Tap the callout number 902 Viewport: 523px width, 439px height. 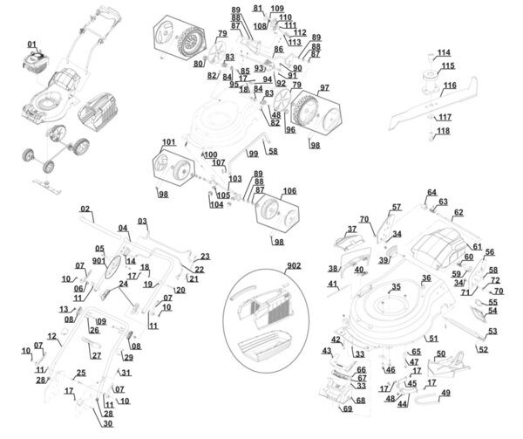(292, 266)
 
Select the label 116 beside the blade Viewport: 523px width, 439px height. (450, 86)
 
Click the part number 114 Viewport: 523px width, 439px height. (445, 52)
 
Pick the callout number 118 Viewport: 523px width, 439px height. (444, 131)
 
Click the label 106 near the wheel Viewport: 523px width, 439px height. (289, 190)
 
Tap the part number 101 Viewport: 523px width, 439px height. (168, 141)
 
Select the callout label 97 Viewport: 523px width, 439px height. (323, 88)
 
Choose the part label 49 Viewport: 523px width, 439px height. (445, 394)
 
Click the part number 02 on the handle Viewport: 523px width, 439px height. (85, 209)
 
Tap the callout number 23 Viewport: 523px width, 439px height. (205, 257)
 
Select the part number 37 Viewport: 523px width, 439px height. (352, 230)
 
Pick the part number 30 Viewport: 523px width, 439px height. (108, 424)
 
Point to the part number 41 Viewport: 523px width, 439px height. (333, 285)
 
